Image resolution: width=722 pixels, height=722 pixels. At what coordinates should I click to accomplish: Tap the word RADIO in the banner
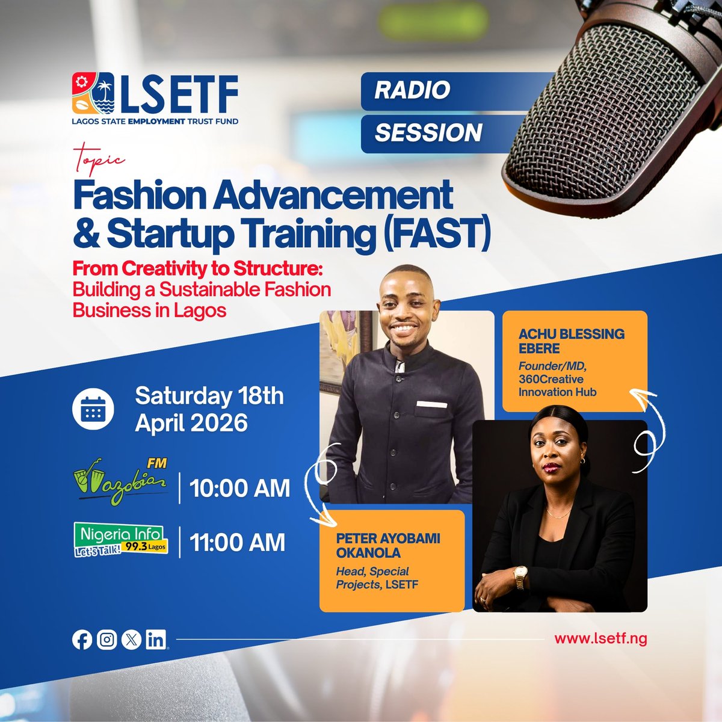(x=412, y=90)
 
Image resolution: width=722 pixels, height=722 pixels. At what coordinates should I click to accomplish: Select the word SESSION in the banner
(x=428, y=133)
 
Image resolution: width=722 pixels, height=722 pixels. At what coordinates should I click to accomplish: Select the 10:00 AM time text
(x=240, y=488)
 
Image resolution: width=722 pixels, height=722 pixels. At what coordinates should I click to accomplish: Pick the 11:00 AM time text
(x=238, y=543)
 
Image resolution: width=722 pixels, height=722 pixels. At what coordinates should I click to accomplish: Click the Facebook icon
(x=82, y=640)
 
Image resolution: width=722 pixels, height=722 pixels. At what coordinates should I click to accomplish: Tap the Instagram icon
(x=106, y=640)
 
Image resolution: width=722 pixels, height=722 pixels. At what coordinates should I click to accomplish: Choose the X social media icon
(x=131, y=640)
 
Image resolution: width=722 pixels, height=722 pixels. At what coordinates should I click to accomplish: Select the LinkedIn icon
(x=156, y=640)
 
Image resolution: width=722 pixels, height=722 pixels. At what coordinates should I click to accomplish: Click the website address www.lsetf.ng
(x=600, y=639)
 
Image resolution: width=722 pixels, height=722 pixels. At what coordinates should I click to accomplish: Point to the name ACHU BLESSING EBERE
(x=571, y=341)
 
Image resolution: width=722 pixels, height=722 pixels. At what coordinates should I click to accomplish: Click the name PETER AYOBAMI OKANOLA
(x=387, y=545)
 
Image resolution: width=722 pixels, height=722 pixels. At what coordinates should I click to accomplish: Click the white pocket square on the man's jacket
(x=431, y=404)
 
